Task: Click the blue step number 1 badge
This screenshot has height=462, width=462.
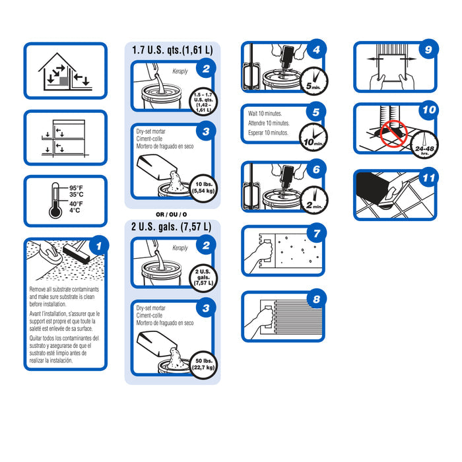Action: (99, 246)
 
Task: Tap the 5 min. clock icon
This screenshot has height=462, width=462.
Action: (314, 81)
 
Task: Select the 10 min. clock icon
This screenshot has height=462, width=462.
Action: (313, 137)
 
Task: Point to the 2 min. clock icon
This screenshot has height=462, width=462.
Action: (314, 201)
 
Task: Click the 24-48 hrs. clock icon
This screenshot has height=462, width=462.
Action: (424, 145)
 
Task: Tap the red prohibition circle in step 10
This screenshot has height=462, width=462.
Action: (393, 134)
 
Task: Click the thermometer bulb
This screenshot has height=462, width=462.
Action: (55, 211)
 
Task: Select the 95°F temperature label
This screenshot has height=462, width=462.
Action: (76, 187)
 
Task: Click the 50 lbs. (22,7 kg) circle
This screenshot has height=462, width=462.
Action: (203, 365)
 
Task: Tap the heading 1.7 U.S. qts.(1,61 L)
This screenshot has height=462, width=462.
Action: (172, 50)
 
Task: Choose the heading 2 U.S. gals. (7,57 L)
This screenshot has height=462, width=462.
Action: (171, 226)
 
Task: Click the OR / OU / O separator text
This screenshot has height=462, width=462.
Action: (171, 214)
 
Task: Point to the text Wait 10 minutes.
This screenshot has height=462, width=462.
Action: (265, 114)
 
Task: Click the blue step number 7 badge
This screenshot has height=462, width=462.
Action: (316, 234)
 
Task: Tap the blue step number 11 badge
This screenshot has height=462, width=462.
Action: (429, 178)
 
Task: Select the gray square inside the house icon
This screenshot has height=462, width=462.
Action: (64, 81)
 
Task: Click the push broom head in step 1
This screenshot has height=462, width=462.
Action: (76, 253)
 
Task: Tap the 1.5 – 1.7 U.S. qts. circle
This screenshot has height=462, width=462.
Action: (203, 102)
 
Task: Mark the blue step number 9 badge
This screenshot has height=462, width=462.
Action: (429, 49)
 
